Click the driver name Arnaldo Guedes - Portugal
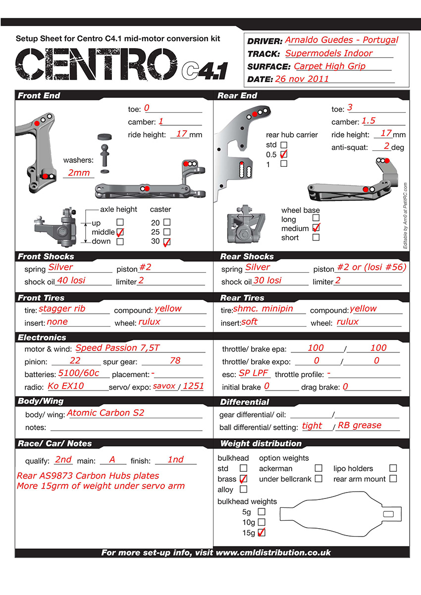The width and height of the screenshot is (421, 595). [342, 40]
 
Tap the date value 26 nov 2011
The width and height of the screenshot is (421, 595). [302, 79]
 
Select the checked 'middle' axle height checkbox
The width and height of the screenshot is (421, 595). [120, 232]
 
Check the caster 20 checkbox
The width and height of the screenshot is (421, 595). [167, 222]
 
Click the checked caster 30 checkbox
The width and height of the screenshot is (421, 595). [167, 242]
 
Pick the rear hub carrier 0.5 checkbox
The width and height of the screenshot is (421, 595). [284, 154]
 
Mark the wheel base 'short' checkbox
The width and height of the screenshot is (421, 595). [316, 237]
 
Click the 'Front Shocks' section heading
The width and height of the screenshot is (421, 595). [46, 256]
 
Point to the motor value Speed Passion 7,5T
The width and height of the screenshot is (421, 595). [117, 347]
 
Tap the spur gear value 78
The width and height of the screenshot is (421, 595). [175, 360]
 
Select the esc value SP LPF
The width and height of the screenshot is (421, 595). [253, 373]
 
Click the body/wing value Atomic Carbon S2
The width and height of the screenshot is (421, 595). [105, 412]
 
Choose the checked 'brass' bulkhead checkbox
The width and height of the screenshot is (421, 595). [244, 479]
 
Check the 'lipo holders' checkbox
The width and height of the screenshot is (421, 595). [393, 468]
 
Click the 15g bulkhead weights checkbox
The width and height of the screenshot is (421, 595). [262, 532]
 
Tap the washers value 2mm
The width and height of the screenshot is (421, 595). [79, 173]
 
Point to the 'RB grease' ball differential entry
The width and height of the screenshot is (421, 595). [360, 425]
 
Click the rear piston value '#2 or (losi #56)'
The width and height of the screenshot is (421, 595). [372, 267]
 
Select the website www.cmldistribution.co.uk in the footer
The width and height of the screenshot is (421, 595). [273, 552]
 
